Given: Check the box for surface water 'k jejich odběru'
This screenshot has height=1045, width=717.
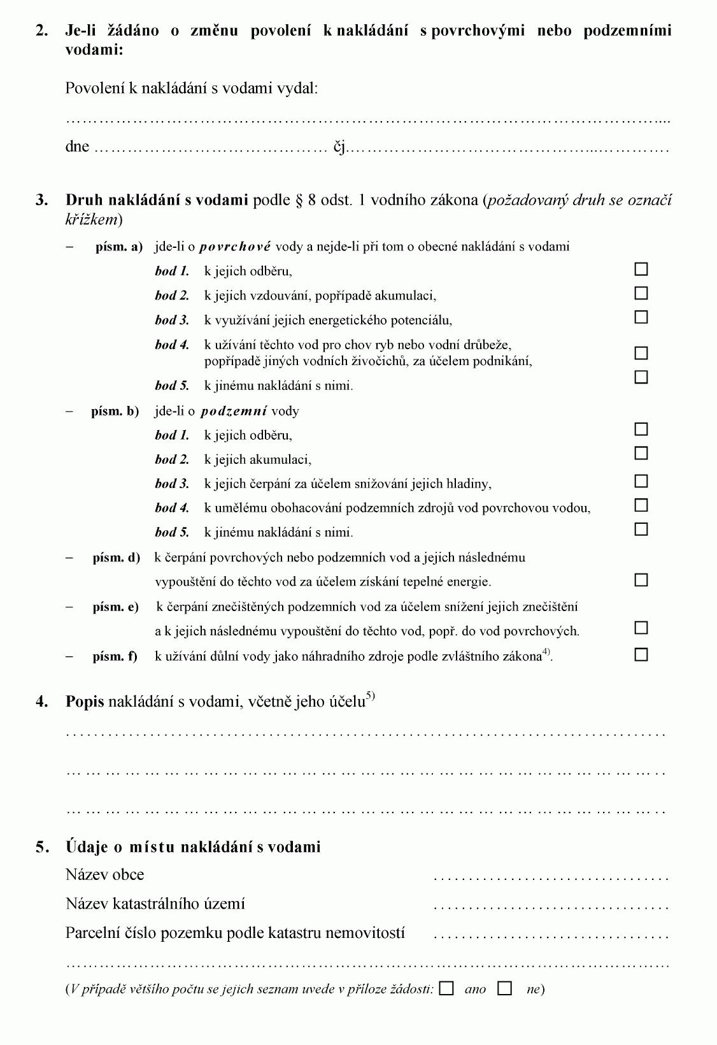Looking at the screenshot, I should coord(641,269).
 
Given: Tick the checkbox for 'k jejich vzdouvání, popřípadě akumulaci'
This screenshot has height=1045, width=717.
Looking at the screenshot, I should coord(641,293).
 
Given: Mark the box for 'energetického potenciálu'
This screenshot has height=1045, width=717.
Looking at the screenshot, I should coord(641,317).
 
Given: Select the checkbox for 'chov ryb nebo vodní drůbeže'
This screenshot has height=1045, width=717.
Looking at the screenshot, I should coord(641,352).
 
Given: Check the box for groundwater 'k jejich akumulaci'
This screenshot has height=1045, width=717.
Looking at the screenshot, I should coord(641,453).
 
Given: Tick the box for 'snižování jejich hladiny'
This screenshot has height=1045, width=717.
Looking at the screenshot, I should coord(641,481).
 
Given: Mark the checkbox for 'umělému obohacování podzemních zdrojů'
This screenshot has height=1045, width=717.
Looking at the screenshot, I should coord(641,505).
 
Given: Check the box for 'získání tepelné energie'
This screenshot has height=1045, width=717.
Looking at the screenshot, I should coord(641,580).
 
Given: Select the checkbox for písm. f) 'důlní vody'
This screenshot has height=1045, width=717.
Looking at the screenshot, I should coord(641,654).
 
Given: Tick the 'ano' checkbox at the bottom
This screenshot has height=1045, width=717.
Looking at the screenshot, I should coord(447,988).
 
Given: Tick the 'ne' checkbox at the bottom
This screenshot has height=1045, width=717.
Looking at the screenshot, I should coord(505,988).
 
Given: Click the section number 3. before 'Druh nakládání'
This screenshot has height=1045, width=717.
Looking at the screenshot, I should coord(42,200).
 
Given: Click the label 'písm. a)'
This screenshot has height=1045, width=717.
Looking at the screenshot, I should coord(119,247).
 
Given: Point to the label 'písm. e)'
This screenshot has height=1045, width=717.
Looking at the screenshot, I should coord(115,607).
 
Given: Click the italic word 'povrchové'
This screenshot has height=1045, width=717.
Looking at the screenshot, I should coord(236,247).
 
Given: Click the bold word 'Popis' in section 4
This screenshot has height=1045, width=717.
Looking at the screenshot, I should coord(85,702).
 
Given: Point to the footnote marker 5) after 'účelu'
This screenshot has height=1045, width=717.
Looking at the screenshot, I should coord(371,696).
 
